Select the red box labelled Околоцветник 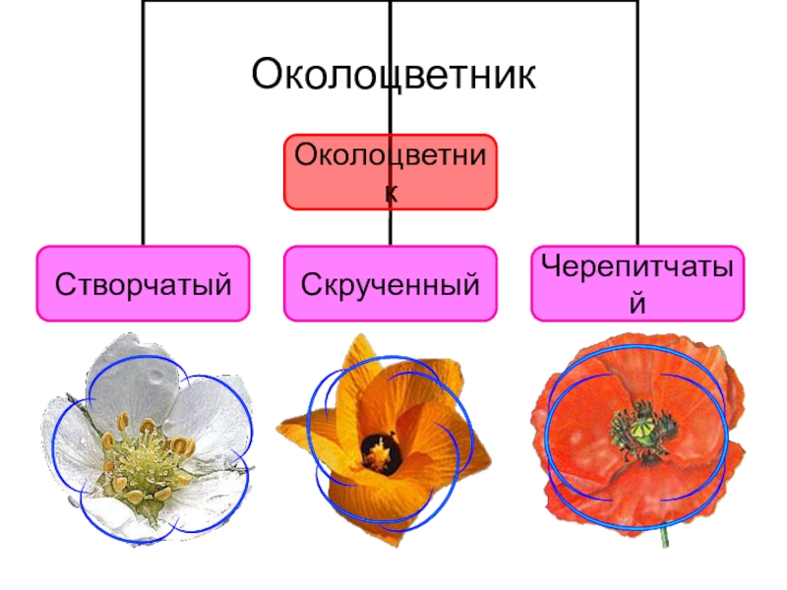point(391,172)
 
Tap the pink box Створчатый point(144,284)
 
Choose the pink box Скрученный point(391,284)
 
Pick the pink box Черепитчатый point(637,284)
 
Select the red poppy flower point(635,433)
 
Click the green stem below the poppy point(667,537)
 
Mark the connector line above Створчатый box point(144,147)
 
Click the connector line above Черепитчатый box point(637,147)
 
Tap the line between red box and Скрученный point(391,228)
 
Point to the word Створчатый point(144,285)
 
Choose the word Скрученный point(391,285)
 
